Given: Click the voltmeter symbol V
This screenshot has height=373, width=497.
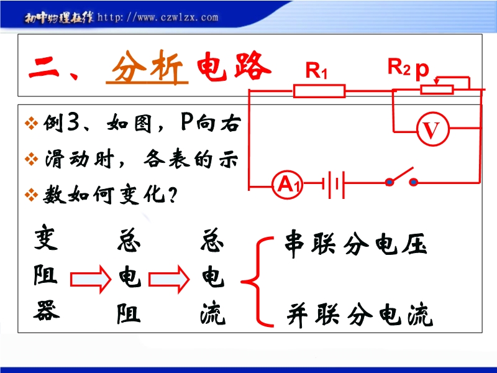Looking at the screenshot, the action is pyautogui.click(x=432, y=129).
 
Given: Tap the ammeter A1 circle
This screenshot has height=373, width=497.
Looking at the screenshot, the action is pyautogui.click(x=287, y=185).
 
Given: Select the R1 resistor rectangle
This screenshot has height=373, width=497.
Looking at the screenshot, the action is pyautogui.click(x=319, y=91).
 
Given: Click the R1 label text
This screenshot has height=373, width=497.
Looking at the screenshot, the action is pyautogui.click(x=316, y=70).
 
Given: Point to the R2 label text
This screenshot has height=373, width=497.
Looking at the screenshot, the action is pyautogui.click(x=399, y=67).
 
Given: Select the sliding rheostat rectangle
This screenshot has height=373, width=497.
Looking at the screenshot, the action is pyautogui.click(x=437, y=90).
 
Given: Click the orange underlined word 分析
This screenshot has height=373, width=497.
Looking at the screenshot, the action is pyautogui.click(x=147, y=67).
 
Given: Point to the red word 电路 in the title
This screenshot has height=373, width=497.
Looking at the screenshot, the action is pyautogui.click(x=234, y=66).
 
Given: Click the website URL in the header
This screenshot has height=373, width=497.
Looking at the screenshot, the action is pyautogui.click(x=158, y=17).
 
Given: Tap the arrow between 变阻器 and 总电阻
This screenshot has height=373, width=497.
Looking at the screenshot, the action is pyautogui.click(x=91, y=279).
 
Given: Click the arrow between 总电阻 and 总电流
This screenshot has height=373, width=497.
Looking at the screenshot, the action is pyautogui.click(x=169, y=279).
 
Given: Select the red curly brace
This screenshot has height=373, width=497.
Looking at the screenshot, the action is pyautogui.click(x=257, y=282).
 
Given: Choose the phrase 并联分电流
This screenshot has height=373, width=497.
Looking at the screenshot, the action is pyautogui.click(x=360, y=314).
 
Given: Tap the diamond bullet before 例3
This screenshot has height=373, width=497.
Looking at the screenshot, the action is pyautogui.click(x=31, y=123).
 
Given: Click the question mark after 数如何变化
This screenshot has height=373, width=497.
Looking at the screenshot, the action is pyautogui.click(x=173, y=194).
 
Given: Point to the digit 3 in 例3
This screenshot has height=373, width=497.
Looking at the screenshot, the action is pyautogui.click(x=73, y=122).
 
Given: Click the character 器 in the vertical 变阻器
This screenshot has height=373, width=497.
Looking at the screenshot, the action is pyautogui.click(x=47, y=310).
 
